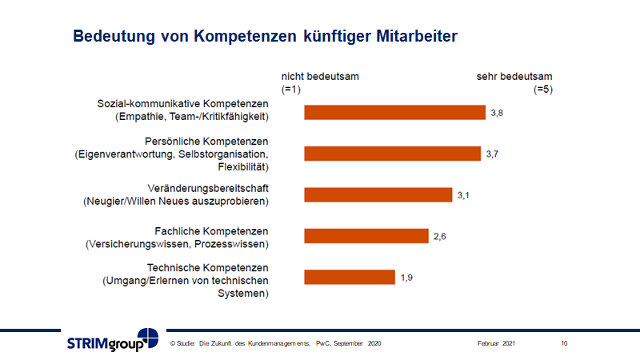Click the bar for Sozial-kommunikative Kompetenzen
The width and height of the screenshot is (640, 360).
pos(394,112)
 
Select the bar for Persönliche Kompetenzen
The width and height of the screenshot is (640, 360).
pos(392,154)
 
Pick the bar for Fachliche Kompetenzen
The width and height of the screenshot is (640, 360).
pos(366,236)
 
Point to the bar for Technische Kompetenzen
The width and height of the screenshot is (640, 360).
pos(350,278)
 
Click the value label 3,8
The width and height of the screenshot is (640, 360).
pos(497,113)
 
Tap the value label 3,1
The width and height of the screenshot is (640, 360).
pos(463,194)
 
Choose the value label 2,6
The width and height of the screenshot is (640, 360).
pos(440,236)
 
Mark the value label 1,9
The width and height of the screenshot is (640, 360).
pos(406,278)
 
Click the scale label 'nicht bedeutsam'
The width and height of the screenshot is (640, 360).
pos(319,77)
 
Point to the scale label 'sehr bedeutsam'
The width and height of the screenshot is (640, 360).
pos(514,77)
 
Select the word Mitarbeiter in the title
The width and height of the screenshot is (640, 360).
pos(412,37)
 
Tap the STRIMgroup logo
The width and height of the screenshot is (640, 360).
pos(112,341)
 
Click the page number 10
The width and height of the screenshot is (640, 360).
pos(564,343)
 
